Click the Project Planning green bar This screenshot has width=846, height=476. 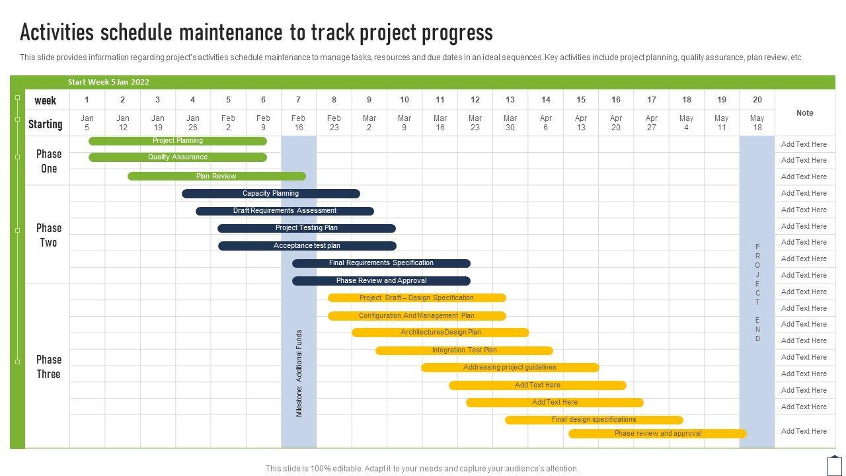[178, 141]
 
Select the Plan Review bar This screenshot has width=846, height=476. [216, 177]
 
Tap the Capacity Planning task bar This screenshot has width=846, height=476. [270, 194]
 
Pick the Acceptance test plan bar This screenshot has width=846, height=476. [307, 246]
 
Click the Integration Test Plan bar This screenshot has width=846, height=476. [464, 350]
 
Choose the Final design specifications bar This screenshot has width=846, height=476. [594, 420]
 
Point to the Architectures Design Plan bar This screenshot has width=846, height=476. [440, 333]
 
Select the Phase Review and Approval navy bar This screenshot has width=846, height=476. [381, 281]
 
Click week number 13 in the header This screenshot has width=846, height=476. [510, 100]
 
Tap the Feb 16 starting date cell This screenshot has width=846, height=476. [298, 123]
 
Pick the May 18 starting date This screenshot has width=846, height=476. [757, 123]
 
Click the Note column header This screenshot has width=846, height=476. [804, 113]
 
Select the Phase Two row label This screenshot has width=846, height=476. [48, 235]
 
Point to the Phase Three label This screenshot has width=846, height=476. [48, 366]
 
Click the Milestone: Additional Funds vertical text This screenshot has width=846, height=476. [299, 373]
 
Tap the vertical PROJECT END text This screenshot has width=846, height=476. [757, 292]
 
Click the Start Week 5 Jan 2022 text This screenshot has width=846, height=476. [108, 82]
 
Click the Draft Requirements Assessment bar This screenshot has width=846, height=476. [284, 211]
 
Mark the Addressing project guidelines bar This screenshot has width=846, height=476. [510, 368]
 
